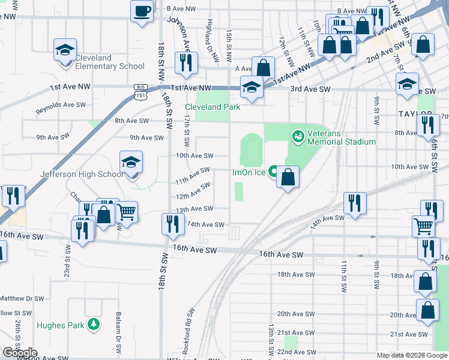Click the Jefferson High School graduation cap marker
pos(131,162)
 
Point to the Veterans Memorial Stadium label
pos(341,137)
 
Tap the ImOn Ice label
pos(249,172)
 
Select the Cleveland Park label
pos(212,107)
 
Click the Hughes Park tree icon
pos(93,325)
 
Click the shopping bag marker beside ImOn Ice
pos(288,177)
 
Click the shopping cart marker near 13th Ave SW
pos(127,212)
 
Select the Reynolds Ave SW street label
pos(61,108)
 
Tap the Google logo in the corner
pos(20,353)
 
